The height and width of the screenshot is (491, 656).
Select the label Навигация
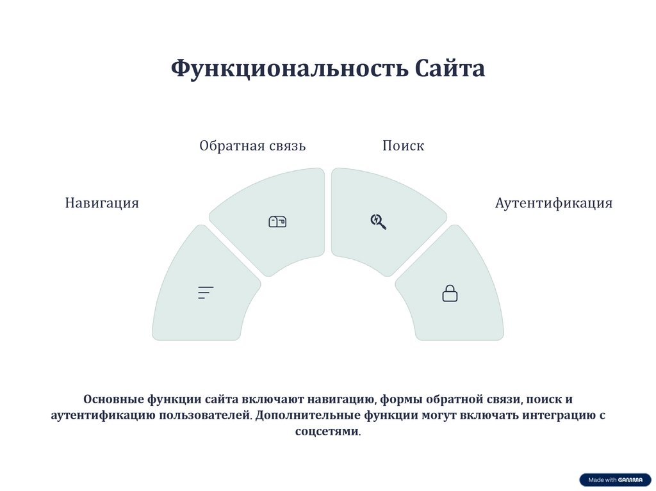[102, 204]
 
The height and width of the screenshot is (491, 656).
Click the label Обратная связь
[252, 146]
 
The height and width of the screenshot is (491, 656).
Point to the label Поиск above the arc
[403, 146]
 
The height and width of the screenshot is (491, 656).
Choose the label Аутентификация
[553, 204]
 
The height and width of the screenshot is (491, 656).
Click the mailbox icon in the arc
[277, 221]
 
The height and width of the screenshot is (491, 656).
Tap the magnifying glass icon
[378, 221]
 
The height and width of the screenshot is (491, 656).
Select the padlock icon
[450, 293]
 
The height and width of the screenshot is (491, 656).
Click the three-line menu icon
[206, 293]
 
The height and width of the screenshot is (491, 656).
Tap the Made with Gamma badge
[615, 480]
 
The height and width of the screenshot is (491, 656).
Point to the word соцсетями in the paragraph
[327, 431]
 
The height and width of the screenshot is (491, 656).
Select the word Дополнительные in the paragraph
[307, 415]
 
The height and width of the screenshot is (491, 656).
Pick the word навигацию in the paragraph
[343, 399]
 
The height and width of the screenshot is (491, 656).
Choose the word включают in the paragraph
[267, 399]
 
